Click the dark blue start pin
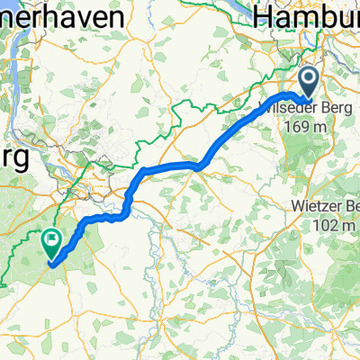tap(308, 83)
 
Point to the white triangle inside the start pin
tap(308, 79)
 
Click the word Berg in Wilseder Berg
tap(334, 108)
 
